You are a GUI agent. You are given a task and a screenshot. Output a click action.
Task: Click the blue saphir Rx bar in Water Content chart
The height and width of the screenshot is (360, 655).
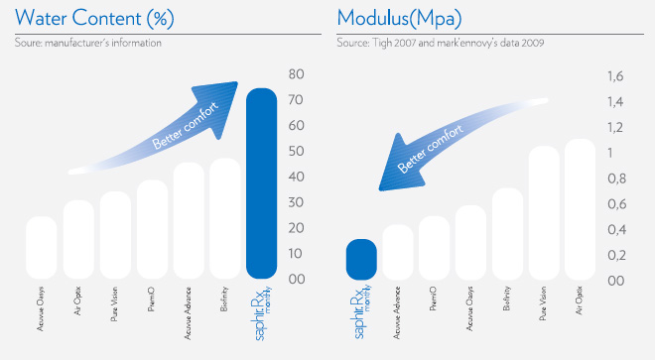pyautogui.click(x=261, y=183)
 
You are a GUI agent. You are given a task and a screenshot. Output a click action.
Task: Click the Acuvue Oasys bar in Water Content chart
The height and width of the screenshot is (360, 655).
pyautogui.click(x=41, y=248)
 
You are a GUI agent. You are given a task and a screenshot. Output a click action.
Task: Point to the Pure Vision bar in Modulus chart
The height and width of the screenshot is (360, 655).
pyautogui.click(x=543, y=212)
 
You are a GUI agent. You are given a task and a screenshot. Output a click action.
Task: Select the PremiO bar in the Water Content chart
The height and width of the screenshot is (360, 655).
pyautogui.click(x=152, y=229)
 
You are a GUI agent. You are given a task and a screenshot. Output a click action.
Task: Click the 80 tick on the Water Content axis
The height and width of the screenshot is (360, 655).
pyautogui.click(x=296, y=74)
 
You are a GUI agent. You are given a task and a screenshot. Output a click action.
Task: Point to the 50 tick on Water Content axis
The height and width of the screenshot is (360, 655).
pyautogui.click(x=296, y=152)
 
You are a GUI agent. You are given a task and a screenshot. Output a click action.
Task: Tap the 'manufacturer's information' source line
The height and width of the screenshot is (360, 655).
pyautogui.click(x=88, y=43)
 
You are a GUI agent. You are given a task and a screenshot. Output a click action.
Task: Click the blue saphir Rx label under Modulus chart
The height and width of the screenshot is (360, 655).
pyautogui.click(x=361, y=315)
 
